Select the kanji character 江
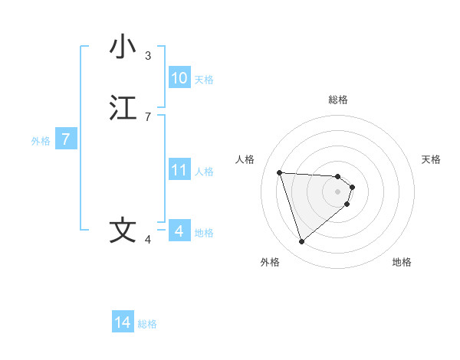point(123,108)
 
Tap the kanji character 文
point(123,231)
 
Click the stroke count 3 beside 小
point(148,55)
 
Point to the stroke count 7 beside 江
point(148,116)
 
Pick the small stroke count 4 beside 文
point(148,240)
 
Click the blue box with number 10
point(179,78)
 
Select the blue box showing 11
point(179,170)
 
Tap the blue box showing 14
point(123,323)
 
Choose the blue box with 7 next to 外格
point(66,139)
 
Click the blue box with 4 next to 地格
point(179,231)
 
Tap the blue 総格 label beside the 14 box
point(147,324)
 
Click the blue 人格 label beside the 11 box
point(205,171)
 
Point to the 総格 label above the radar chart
point(338,100)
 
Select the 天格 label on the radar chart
point(431,159)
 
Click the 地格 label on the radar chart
point(402,262)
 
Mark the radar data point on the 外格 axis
point(301,242)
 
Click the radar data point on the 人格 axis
point(279,172)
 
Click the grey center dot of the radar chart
point(338,191)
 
